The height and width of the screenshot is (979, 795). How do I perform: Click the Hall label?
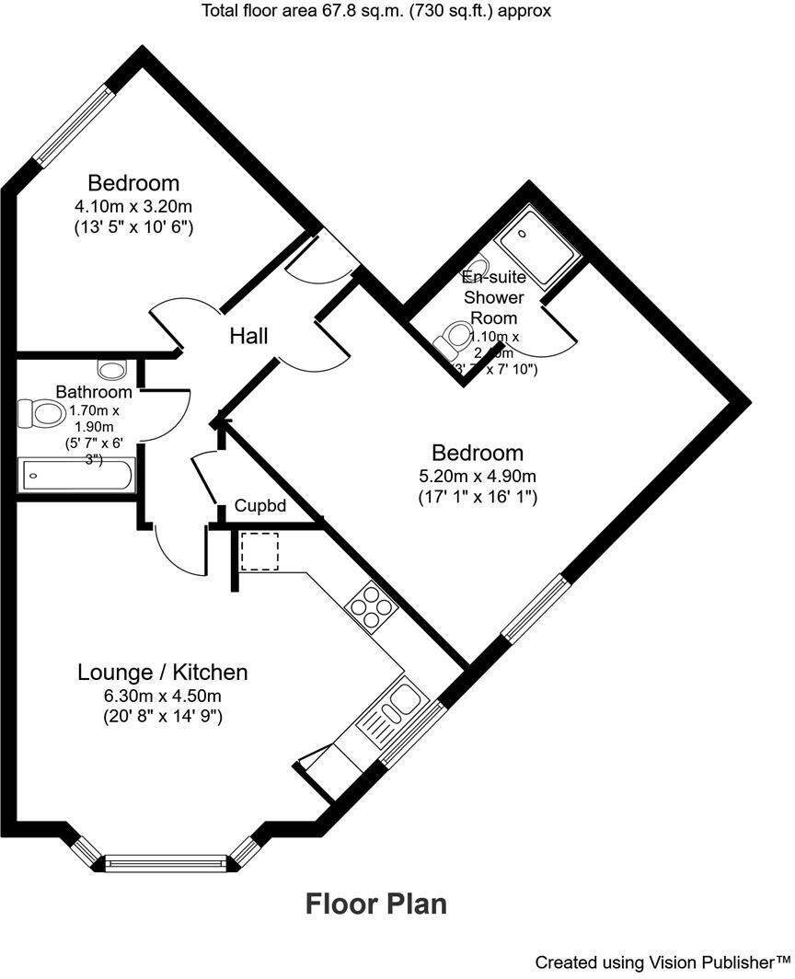point(248,337)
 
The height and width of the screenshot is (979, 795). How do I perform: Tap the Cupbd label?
point(261,506)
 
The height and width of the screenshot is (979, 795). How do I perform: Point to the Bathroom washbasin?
point(111,369)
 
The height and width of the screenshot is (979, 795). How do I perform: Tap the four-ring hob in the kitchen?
point(370,607)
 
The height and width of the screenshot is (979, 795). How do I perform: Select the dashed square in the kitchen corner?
point(259,552)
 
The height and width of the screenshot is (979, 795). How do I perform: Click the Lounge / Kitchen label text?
point(162,673)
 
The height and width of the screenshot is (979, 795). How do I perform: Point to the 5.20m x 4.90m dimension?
point(478,476)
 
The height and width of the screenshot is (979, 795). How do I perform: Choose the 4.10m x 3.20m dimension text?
point(133,205)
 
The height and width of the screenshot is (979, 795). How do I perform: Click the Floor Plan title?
point(376,904)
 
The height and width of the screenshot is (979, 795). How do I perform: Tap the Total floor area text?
point(376,11)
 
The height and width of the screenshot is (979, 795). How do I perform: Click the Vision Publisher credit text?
point(662,962)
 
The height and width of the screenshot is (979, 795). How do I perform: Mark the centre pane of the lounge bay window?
point(166,863)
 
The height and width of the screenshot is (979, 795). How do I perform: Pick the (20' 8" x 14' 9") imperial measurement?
point(162,717)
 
